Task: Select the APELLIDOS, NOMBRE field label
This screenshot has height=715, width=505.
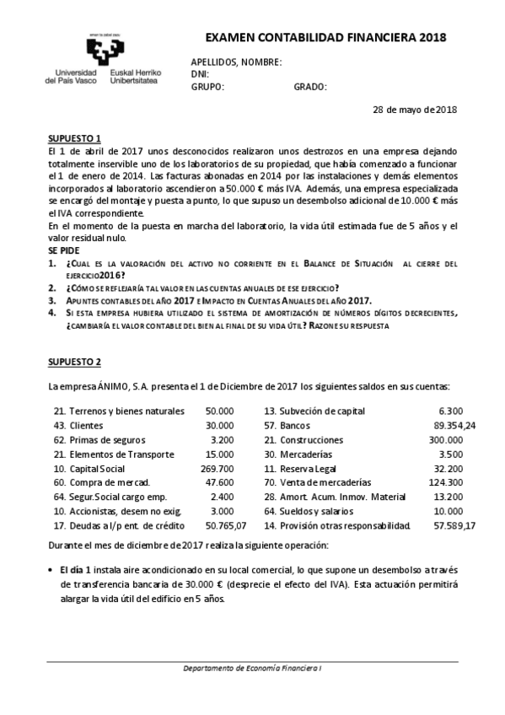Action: click(x=237, y=62)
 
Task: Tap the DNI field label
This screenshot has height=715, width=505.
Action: click(x=200, y=74)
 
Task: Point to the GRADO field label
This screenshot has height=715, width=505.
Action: click(x=310, y=87)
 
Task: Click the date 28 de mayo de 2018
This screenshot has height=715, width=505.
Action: click(x=416, y=110)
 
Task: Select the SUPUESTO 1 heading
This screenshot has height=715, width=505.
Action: click(x=74, y=137)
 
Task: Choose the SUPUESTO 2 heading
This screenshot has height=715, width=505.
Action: click(x=74, y=362)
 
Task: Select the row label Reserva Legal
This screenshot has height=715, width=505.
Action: click(x=314, y=470)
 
